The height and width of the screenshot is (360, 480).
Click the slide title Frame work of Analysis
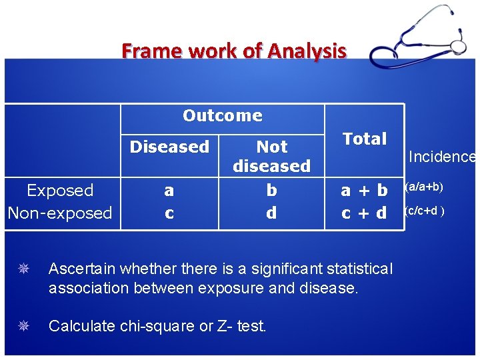pos(234,51)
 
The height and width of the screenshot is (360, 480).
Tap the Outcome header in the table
pos(222,115)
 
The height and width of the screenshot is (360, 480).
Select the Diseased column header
pos(169,147)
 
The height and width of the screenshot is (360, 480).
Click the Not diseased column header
pos(271,156)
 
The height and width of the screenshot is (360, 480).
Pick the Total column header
pos(364,139)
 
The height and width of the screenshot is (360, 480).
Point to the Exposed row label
pos(60,191)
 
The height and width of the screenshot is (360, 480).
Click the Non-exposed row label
pos(60,213)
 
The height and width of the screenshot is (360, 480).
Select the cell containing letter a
pos(169,191)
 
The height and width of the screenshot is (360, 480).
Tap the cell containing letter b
pos(271,191)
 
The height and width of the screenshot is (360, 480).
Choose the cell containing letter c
pos(169,213)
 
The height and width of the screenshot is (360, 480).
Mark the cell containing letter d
pos(271,213)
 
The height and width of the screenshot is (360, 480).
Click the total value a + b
pos(364,191)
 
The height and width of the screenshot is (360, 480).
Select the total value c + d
pos(364,213)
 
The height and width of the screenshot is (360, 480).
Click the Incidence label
pos(441,157)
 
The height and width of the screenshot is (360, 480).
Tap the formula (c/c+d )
pos(425,211)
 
